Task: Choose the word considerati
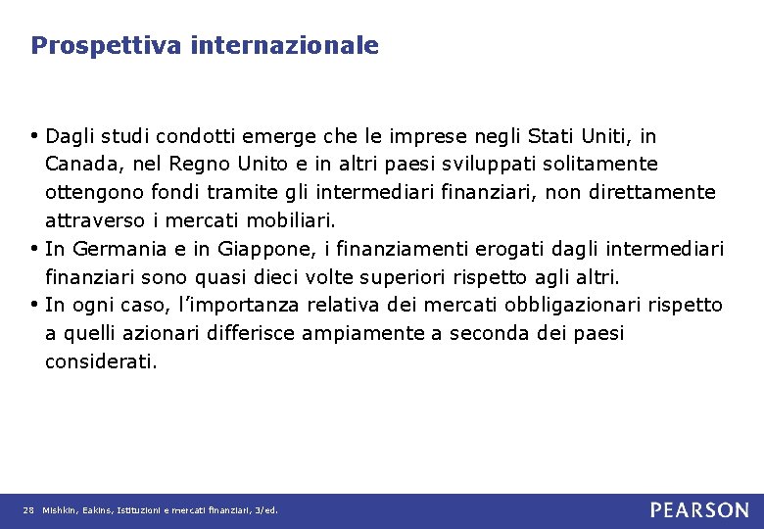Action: pyautogui.click(x=100, y=361)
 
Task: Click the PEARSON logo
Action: pyautogui.click(x=699, y=509)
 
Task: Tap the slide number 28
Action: pyautogui.click(x=28, y=510)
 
